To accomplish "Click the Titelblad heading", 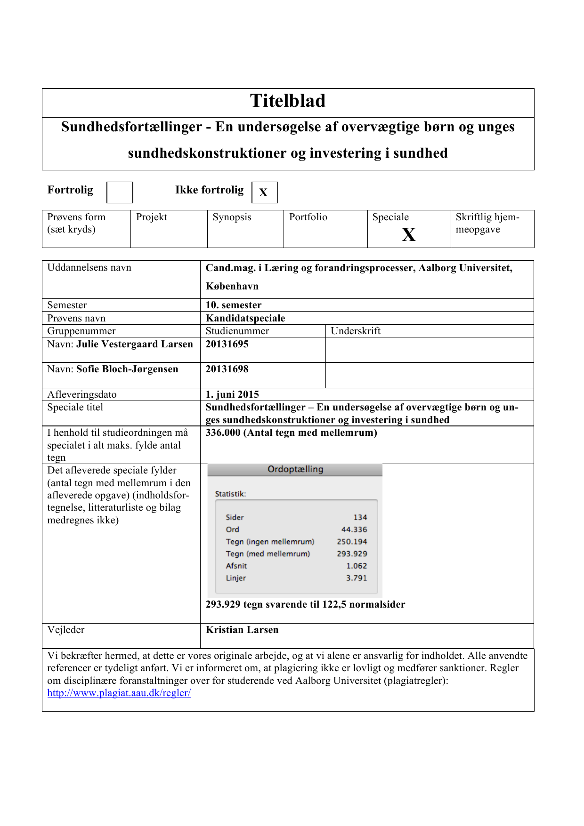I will [x=288, y=101].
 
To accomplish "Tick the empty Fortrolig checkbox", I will [x=120, y=192].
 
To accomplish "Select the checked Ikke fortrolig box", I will [x=264, y=192].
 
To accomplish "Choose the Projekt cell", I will [x=152, y=217].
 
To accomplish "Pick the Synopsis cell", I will [x=232, y=217].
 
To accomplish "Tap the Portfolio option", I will [x=308, y=217].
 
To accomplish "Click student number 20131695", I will [x=227, y=344].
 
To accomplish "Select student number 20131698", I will [x=227, y=369].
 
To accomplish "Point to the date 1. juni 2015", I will [x=232, y=394].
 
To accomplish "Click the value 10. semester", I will [x=234, y=305].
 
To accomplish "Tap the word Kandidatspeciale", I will [x=245, y=318].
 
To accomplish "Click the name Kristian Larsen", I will [x=242, y=630].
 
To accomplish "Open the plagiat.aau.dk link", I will [x=119, y=693].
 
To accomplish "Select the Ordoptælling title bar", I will [x=295, y=469].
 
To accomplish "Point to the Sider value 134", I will [x=360, y=517].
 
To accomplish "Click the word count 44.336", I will [x=354, y=529].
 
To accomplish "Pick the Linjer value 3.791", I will [x=357, y=578].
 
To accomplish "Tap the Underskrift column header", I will [x=356, y=331].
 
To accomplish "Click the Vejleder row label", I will [x=66, y=630].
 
